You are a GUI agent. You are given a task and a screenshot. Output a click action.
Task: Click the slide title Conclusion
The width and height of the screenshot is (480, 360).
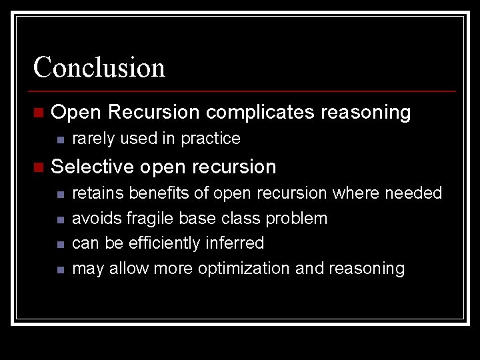[99, 67]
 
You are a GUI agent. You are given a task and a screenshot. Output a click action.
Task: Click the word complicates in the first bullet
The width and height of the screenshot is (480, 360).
[260, 113]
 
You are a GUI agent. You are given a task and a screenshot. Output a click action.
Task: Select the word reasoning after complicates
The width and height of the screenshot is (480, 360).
[365, 113]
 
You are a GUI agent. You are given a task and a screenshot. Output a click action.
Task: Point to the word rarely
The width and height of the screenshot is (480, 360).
[91, 139]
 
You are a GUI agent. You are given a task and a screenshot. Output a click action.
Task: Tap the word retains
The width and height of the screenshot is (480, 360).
[97, 193]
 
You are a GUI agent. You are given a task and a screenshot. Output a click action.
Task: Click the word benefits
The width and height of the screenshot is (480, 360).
[158, 193]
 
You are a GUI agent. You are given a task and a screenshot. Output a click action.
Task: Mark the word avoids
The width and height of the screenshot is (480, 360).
[96, 219]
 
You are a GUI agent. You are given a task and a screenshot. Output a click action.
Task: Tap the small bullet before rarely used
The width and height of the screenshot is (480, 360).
[59, 139]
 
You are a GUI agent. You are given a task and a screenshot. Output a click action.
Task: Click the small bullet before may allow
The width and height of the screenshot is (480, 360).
[59, 269]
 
